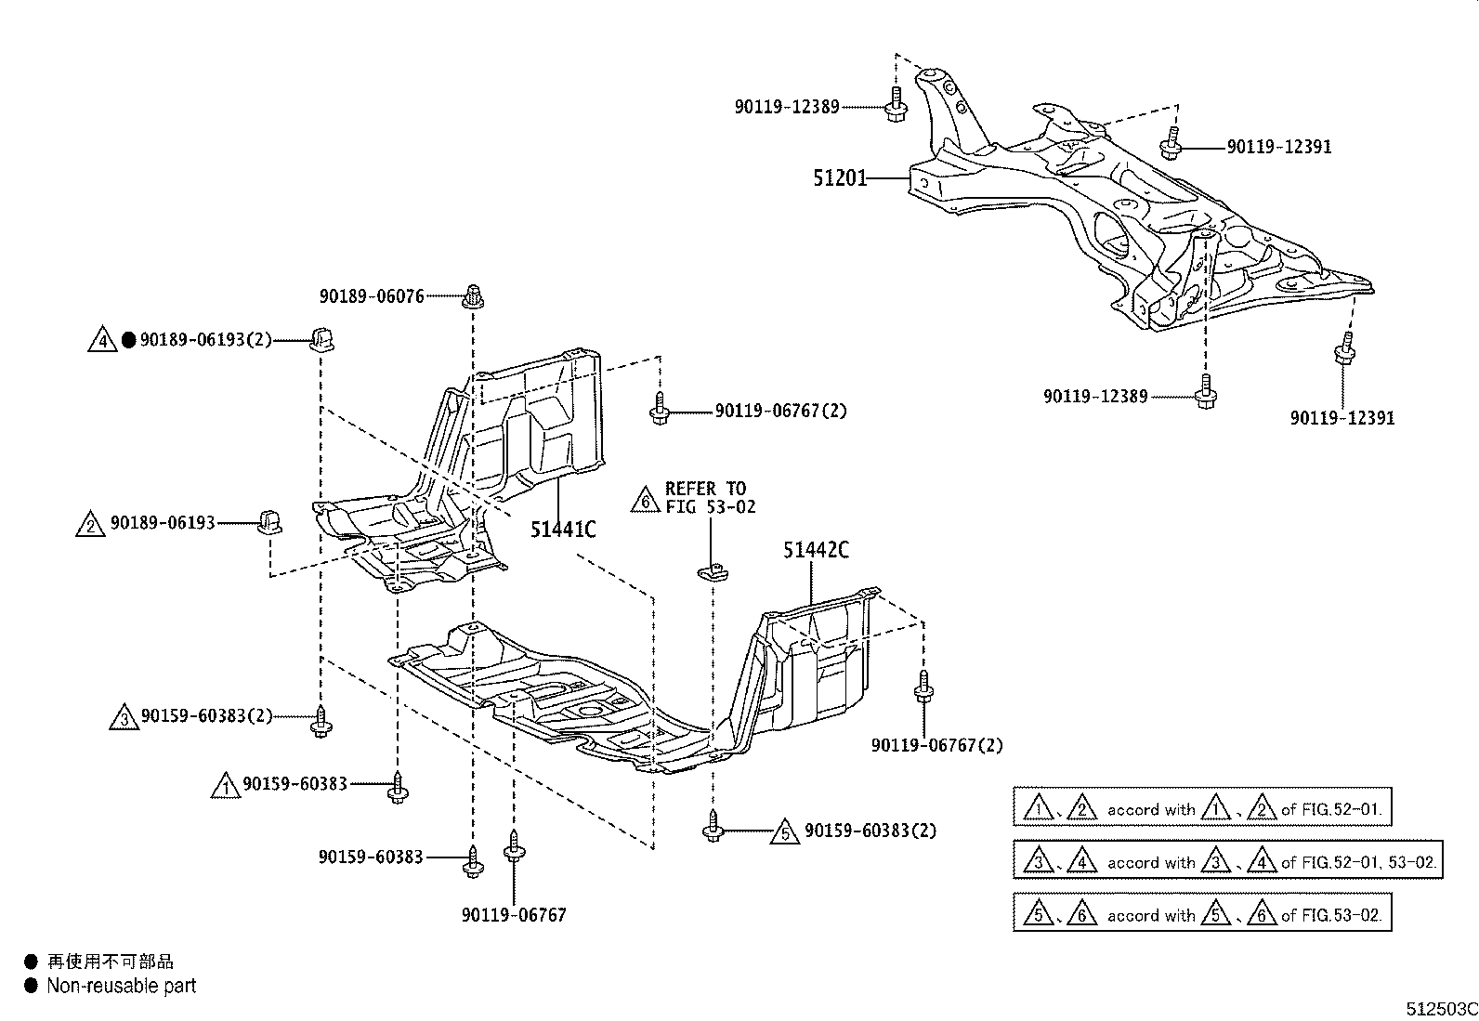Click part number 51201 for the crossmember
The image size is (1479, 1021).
click(x=840, y=177)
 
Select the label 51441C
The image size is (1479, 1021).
click(x=563, y=530)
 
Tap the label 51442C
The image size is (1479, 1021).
click(x=816, y=550)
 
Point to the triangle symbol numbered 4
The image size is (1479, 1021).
click(x=102, y=341)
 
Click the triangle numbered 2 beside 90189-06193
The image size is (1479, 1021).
click(x=90, y=525)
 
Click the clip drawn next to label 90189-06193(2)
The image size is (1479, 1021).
click(x=322, y=341)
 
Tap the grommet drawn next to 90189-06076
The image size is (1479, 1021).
click(x=474, y=296)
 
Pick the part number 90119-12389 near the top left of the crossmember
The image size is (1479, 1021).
click(x=787, y=108)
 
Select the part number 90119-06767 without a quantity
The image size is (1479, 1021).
click(x=514, y=915)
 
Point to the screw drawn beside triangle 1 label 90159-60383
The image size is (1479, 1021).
click(x=399, y=788)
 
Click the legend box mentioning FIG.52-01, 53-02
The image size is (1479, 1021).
click(x=1227, y=861)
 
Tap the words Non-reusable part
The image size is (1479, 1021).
click(x=122, y=986)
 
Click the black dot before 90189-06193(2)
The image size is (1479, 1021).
click(x=128, y=341)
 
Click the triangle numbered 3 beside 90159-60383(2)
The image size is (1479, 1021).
click(x=124, y=718)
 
